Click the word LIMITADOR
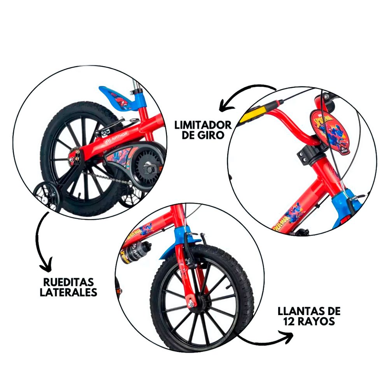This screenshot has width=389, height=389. pyautogui.click(x=203, y=125)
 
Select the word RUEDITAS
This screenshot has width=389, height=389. pyautogui.click(x=68, y=282)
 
